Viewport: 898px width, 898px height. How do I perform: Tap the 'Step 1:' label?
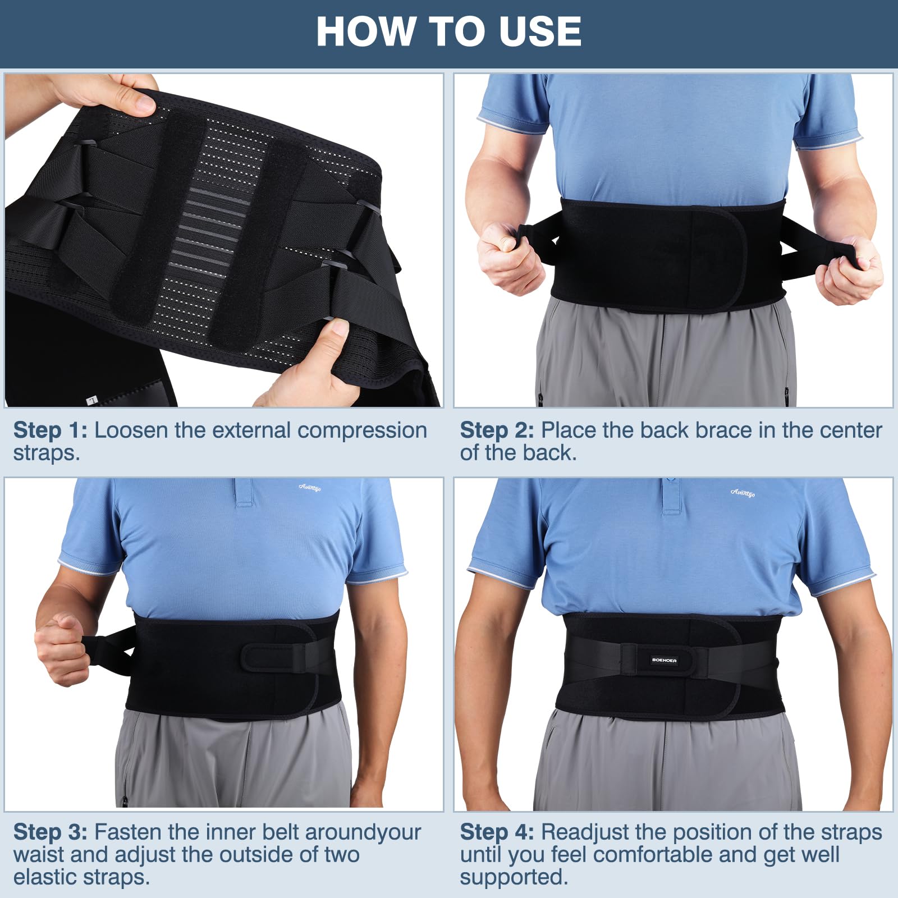tap(51, 430)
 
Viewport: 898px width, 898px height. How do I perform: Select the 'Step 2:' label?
tap(497, 430)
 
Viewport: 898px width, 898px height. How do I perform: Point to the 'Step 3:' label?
tap(51, 832)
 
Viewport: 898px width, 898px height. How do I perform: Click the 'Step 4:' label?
tap(497, 832)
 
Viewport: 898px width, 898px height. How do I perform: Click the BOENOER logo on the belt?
tap(665, 660)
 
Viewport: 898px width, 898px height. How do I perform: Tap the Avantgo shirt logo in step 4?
tap(743, 493)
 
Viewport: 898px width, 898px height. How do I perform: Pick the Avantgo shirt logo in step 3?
tap(310, 488)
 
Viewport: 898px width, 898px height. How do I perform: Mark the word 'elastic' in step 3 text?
tap(48, 877)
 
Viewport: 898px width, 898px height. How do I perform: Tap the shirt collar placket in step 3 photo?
tap(244, 492)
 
